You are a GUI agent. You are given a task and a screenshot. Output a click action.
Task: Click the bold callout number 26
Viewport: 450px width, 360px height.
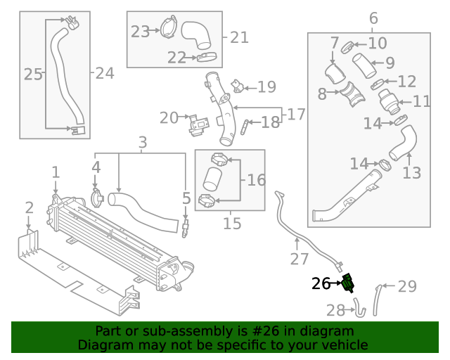[x=321, y=284]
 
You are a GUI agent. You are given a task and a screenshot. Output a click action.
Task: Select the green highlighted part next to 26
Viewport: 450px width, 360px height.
[x=347, y=284]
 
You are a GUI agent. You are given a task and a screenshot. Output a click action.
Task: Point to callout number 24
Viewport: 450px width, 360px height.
[x=104, y=72]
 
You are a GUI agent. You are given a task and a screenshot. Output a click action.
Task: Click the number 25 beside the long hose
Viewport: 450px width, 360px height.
[x=33, y=74]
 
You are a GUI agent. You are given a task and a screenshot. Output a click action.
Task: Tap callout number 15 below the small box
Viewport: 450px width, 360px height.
[x=231, y=224]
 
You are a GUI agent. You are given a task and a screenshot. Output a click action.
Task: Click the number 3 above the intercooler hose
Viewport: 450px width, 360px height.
[x=142, y=143]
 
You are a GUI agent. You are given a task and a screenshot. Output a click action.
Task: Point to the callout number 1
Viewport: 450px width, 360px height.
[x=56, y=172]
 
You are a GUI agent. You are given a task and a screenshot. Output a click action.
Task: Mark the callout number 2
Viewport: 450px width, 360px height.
[x=29, y=207]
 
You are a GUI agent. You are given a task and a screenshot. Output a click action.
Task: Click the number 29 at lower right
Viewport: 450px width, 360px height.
[x=407, y=287]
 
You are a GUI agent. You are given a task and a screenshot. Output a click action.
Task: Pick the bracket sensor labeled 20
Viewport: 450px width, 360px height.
[x=198, y=124]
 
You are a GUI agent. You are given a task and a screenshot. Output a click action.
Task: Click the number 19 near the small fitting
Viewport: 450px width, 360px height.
[x=266, y=87]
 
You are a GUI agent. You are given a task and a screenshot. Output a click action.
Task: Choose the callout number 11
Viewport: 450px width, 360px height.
[x=422, y=102]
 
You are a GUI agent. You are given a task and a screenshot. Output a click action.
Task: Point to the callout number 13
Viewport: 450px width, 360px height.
[x=411, y=172]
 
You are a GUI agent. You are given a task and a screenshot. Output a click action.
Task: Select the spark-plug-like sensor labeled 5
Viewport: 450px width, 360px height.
[x=186, y=226]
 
